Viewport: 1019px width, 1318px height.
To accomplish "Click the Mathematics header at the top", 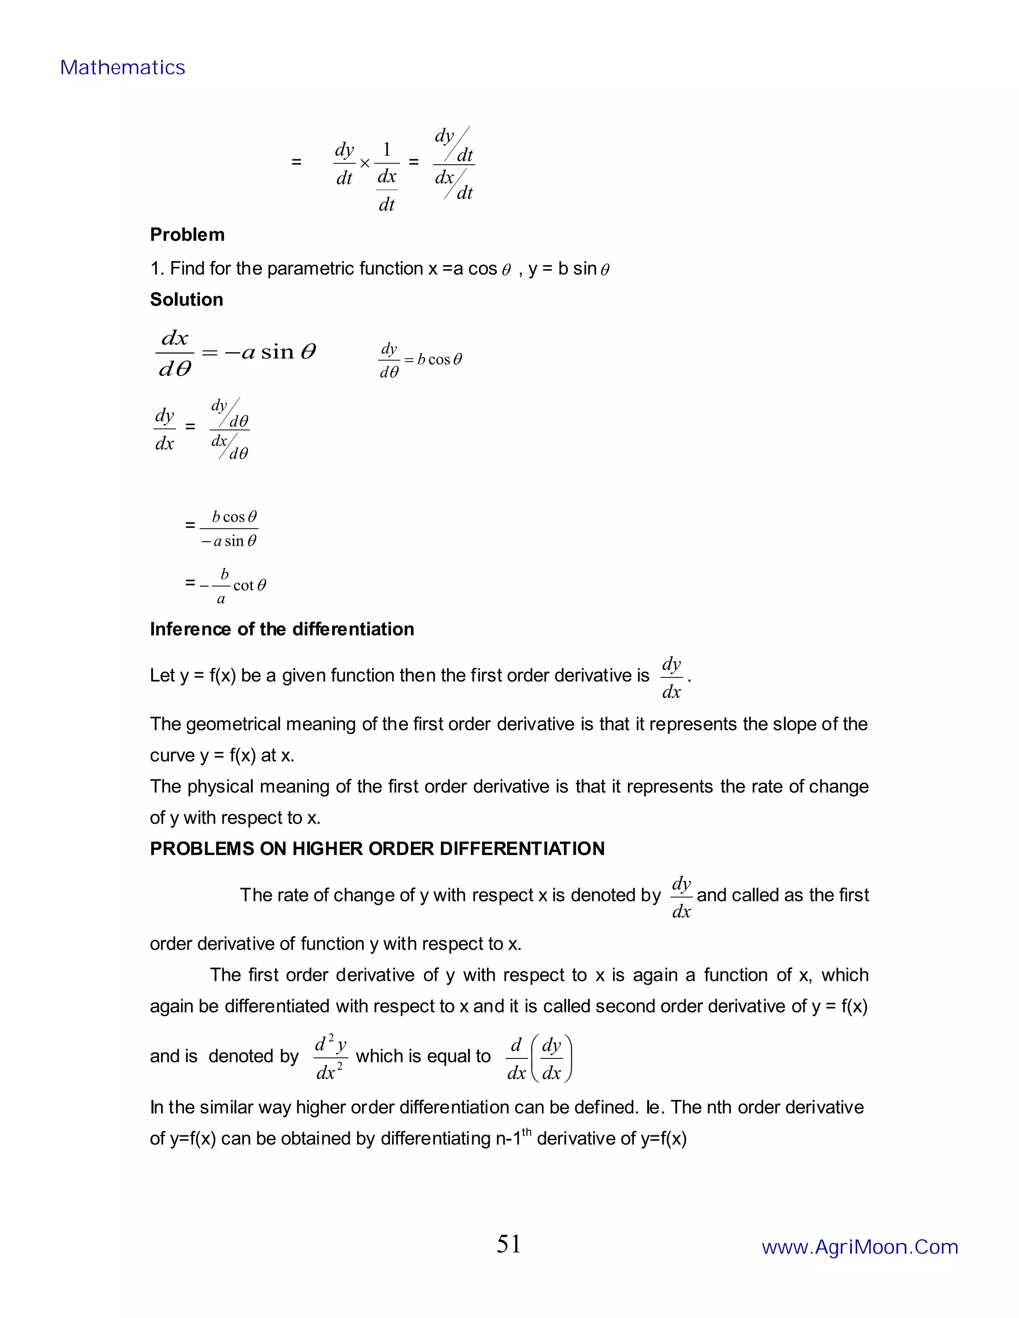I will pyautogui.click(x=122, y=68).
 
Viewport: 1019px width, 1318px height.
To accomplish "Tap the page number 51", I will pyautogui.click(x=509, y=1244).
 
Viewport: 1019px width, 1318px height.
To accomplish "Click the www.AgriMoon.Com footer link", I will pyautogui.click(x=860, y=1247).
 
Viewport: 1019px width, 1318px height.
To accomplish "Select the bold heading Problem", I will pyautogui.click(x=187, y=235).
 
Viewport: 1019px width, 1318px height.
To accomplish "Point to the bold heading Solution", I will pyautogui.click(x=187, y=300).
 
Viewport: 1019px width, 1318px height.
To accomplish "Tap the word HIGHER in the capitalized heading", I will pyautogui.click(x=328, y=849).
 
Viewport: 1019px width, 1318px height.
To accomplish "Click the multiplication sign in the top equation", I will pyautogui.click(x=365, y=164).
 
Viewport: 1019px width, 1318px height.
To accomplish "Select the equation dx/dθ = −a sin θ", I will pyautogui.click(x=236, y=353).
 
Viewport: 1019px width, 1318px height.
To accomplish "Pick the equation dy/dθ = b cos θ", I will pyautogui.click(x=420, y=360).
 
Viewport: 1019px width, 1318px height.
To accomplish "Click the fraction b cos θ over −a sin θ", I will pyautogui.click(x=229, y=529).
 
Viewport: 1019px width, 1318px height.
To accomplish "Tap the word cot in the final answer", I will pyautogui.click(x=243, y=585).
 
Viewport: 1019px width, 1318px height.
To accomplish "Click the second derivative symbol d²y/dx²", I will pyautogui.click(x=330, y=1057).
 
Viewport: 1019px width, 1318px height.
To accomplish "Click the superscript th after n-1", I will pyautogui.click(x=527, y=1131).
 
